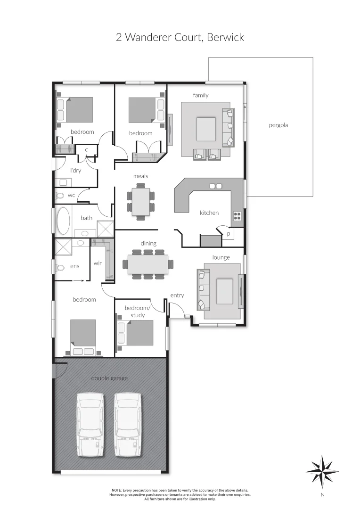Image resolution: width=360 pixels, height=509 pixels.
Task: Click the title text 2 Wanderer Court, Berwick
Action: pos(180,37)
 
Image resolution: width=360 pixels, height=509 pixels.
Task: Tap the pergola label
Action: pos(278,125)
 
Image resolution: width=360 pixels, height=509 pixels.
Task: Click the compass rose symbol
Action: pos(322,471)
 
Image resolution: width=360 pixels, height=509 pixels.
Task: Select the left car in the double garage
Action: pos(90,425)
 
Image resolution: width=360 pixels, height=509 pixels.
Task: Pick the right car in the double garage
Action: pos(128,425)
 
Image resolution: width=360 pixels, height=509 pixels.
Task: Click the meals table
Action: pos(140,202)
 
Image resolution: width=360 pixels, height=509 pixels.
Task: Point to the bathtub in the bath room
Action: pos(63,221)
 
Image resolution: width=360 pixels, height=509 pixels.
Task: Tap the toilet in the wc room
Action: pos(60,195)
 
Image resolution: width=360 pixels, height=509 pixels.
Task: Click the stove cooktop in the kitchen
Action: pos(237,216)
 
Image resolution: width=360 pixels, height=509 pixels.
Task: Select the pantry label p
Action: pos(229,234)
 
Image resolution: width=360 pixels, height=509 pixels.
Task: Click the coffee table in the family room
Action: pos(206,129)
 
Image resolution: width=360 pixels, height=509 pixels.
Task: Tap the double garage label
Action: pos(109,378)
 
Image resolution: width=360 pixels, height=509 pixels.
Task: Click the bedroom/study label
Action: pos(138,312)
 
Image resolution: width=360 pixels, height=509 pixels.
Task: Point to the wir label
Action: pos(98,263)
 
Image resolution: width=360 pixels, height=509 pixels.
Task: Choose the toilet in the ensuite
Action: pos(60,267)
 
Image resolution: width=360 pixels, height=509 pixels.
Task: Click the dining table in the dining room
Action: pos(148,264)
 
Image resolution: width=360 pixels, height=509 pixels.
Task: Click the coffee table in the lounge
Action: pos(224,291)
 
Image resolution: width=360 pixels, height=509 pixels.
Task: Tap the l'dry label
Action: pos(75,170)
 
